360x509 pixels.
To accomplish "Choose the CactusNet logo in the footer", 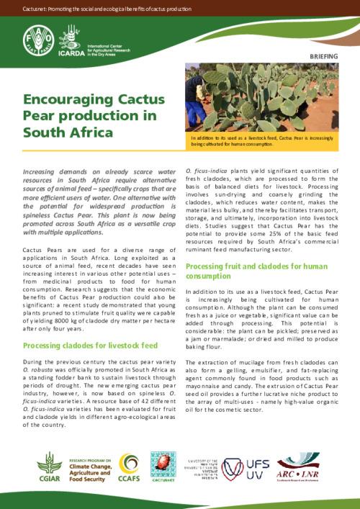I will [x=163, y=469].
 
